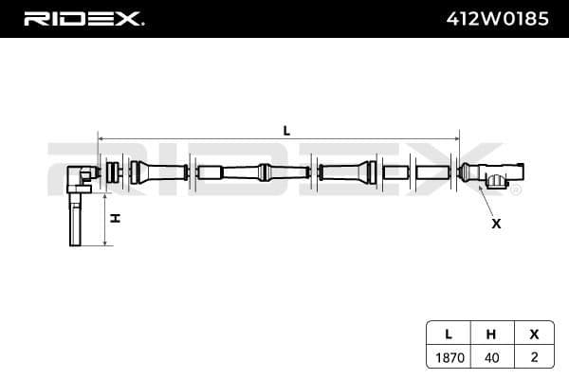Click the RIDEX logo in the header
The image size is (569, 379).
pos(83,18)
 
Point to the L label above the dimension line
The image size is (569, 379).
pos(286,131)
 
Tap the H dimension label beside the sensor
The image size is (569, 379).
pos(115,218)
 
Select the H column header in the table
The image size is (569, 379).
pos(490,334)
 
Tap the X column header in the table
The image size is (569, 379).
pos(533,334)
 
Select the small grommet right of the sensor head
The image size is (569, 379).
pos(114,173)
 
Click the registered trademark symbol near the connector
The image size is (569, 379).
pos(516,189)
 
